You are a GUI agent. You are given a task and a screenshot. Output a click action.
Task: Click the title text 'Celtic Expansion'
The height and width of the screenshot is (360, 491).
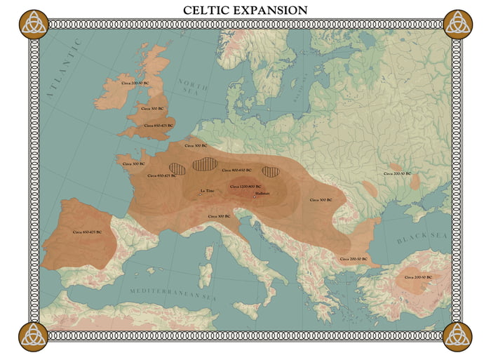tap(245, 10)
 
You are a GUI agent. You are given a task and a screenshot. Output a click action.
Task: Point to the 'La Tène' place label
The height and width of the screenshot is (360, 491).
tap(207, 190)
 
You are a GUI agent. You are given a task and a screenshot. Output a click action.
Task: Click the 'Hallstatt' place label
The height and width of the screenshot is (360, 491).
tap(262, 192)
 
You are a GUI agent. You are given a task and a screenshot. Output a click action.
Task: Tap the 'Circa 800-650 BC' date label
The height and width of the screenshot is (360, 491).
tap(236, 170)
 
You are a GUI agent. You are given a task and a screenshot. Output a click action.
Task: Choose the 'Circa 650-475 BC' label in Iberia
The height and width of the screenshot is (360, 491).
tap(87, 232)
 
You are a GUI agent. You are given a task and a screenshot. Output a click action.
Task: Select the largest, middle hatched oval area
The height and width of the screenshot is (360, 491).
tap(205, 164)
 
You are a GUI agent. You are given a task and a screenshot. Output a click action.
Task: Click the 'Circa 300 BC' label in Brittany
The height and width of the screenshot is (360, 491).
tap(133, 164)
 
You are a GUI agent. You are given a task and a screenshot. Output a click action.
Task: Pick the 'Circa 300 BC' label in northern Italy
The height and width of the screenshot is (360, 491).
tap(220, 216)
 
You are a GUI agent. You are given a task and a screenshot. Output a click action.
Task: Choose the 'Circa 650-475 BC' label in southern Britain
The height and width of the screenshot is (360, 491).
tap(157, 126)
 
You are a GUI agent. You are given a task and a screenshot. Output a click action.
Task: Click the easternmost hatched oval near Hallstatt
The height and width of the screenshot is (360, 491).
tap(271, 171)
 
